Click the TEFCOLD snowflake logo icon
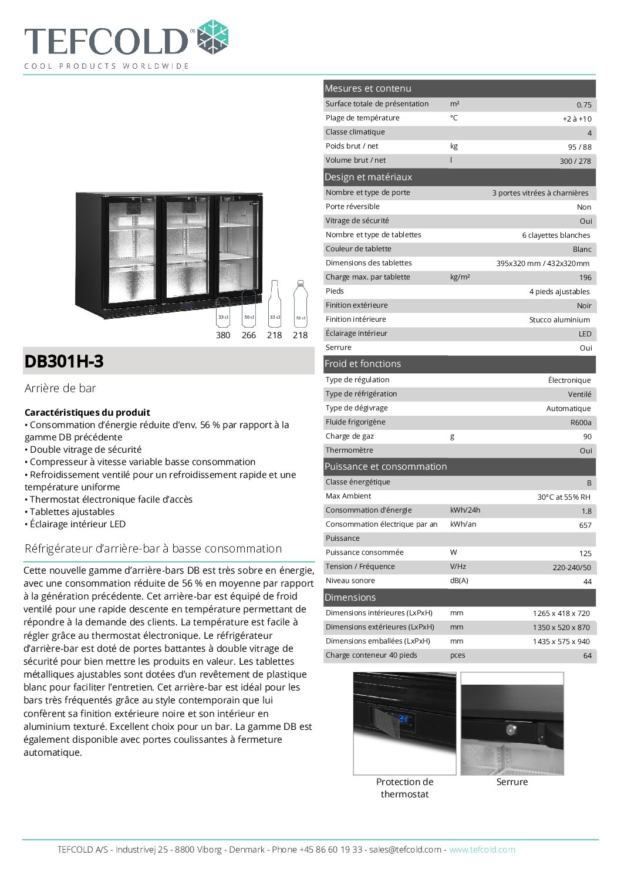tap(212, 37)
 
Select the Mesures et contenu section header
tap(368, 89)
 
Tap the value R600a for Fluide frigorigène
tap(580, 423)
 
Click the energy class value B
tap(589, 483)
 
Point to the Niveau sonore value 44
tap(587, 581)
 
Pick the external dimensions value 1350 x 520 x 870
tap(561, 627)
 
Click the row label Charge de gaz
tap(350, 436)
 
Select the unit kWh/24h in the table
tap(465, 510)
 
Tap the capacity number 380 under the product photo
tap(223, 335)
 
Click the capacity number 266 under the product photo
tap(249, 335)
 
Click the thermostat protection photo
tap(404, 723)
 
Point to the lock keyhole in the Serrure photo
tap(510, 730)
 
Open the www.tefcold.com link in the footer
tap(482, 850)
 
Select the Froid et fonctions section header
tap(363, 364)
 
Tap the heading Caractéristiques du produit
tap(87, 412)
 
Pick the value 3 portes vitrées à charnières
tap(540, 193)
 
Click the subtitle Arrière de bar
tap(60, 388)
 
